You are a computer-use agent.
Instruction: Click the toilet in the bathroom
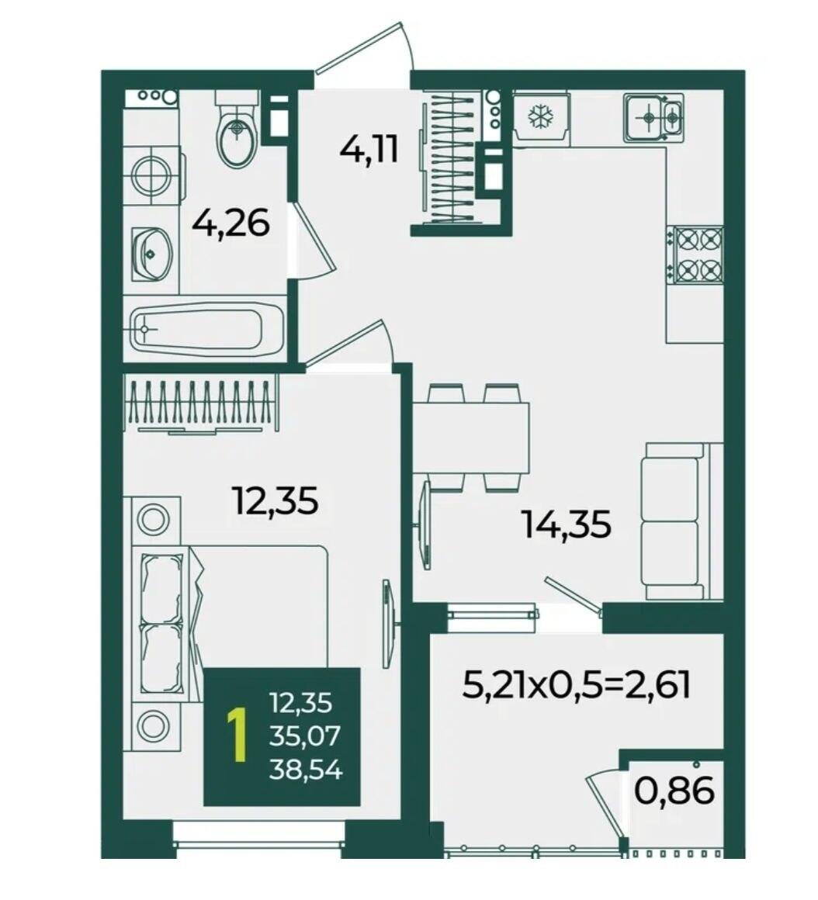[235, 131]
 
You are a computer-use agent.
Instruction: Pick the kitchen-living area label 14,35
[567, 524]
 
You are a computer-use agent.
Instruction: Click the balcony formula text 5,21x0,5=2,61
[576, 685]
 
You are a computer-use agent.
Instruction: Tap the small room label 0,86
[674, 791]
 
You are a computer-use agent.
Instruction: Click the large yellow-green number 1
[237, 736]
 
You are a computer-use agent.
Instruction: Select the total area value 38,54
[305, 770]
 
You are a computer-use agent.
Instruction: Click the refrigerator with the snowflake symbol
[540, 118]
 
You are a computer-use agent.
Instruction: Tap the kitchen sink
[654, 118]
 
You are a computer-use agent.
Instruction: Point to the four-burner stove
[695, 254]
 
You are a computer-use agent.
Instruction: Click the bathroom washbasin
[152, 254]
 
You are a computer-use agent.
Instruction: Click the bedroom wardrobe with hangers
[200, 403]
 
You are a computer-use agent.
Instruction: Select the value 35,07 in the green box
[305, 736]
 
